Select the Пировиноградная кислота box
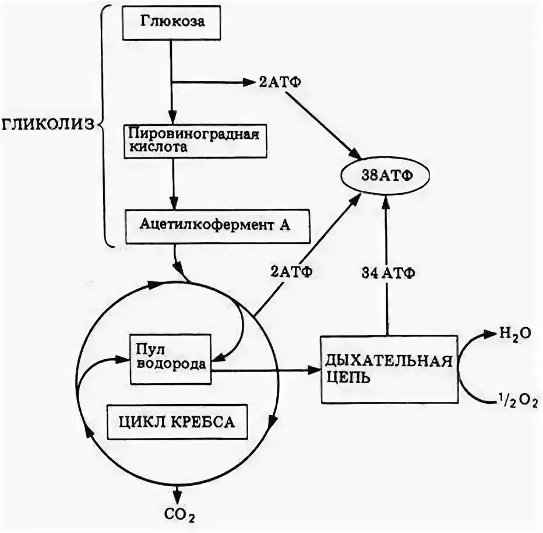pyautogui.click(x=192, y=140)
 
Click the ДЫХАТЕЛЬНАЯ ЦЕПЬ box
pyautogui.click(x=387, y=369)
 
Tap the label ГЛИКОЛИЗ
pyautogui.click(x=48, y=124)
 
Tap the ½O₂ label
pyautogui.click(x=515, y=401)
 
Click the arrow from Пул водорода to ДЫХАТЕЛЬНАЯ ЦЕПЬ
pyautogui.click(x=262, y=370)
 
